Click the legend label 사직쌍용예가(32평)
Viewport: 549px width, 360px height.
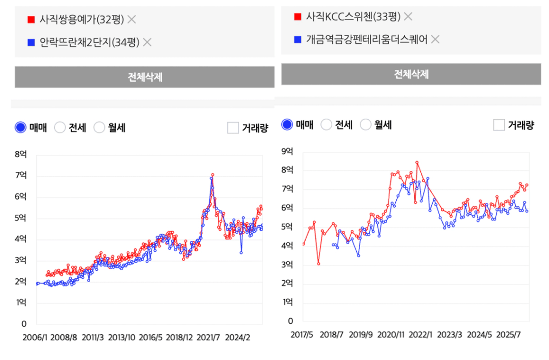82,19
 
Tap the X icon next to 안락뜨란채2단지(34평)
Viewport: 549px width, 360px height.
147,42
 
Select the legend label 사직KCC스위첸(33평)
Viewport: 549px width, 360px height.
353,17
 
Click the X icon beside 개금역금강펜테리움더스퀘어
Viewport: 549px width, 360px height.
435,39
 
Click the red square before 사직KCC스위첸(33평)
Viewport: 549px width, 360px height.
298,17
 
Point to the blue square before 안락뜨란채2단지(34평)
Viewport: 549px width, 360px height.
31,42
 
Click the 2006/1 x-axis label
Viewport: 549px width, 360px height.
35,337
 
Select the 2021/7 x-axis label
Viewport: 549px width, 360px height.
208,337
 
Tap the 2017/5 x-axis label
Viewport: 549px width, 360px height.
302,334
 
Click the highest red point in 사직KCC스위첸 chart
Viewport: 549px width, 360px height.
417,162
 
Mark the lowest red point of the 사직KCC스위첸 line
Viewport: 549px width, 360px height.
318,264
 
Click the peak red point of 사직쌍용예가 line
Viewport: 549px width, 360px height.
213,175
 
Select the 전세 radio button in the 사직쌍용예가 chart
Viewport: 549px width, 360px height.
60,127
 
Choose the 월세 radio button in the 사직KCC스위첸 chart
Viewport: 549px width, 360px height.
366,124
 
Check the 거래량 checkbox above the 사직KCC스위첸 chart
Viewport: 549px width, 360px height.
499,125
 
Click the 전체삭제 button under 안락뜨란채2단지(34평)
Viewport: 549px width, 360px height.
145,77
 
